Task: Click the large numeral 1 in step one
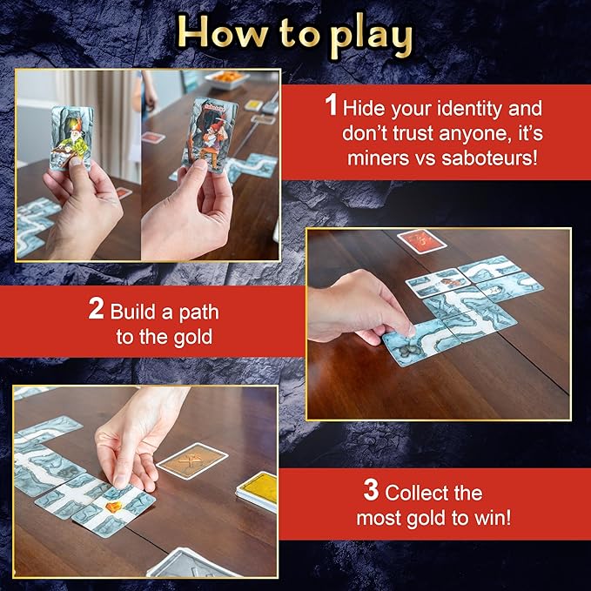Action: pyautogui.click(x=331, y=108)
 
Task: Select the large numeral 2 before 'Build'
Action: pyautogui.click(x=97, y=310)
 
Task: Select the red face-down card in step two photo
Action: pyautogui.click(x=416, y=240)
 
